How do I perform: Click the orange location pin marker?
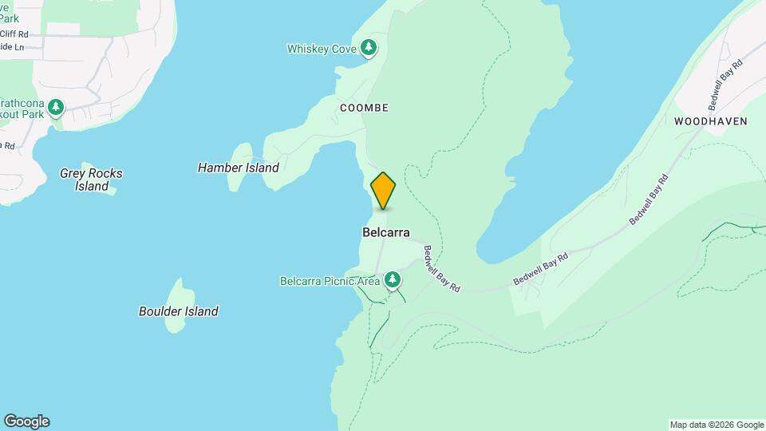[x=383, y=190]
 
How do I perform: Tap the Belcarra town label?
[x=385, y=233]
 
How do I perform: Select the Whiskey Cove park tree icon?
[x=369, y=49]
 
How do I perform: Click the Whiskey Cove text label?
[x=322, y=49]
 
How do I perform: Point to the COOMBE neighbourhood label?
[x=364, y=108]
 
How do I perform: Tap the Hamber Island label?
[x=238, y=168]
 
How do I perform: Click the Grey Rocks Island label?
[x=92, y=180]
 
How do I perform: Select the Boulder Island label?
[x=178, y=311]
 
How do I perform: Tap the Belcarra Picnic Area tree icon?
[x=392, y=280]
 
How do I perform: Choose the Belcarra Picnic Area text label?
[x=330, y=281]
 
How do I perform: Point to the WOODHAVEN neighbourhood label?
[x=710, y=121]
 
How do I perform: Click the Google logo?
[x=26, y=421]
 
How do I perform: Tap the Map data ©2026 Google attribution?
[x=717, y=425]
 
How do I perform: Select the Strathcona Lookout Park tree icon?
[x=55, y=106]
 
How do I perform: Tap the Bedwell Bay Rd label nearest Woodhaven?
[x=725, y=84]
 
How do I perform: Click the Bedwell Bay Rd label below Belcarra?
[x=442, y=268]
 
